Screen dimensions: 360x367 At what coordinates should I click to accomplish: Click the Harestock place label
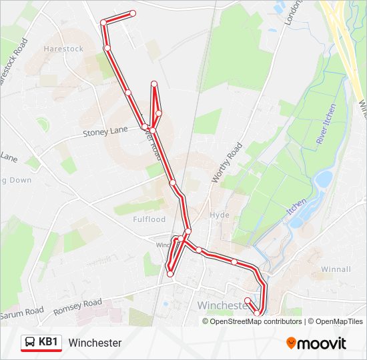(x=63, y=49)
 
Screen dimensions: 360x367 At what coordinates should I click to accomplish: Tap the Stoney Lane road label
(x=105, y=132)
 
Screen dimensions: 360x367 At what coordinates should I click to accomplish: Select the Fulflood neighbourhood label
(x=149, y=219)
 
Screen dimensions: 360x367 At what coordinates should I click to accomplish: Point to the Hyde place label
(x=219, y=215)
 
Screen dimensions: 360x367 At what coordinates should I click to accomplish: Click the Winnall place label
(x=336, y=269)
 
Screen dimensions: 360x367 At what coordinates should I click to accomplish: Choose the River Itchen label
(x=324, y=124)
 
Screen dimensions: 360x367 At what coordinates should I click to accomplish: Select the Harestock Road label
(x=12, y=61)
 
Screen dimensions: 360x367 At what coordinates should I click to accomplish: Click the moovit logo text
(x=322, y=343)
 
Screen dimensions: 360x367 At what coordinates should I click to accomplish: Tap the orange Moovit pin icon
(x=292, y=343)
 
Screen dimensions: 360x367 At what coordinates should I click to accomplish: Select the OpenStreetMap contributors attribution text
(x=256, y=321)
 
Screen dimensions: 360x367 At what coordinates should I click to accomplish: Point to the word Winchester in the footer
(x=95, y=343)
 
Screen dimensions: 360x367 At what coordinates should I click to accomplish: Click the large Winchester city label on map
(x=223, y=305)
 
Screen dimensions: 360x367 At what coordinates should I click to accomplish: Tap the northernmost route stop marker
(x=133, y=13)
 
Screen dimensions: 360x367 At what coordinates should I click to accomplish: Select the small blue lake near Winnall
(x=323, y=179)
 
